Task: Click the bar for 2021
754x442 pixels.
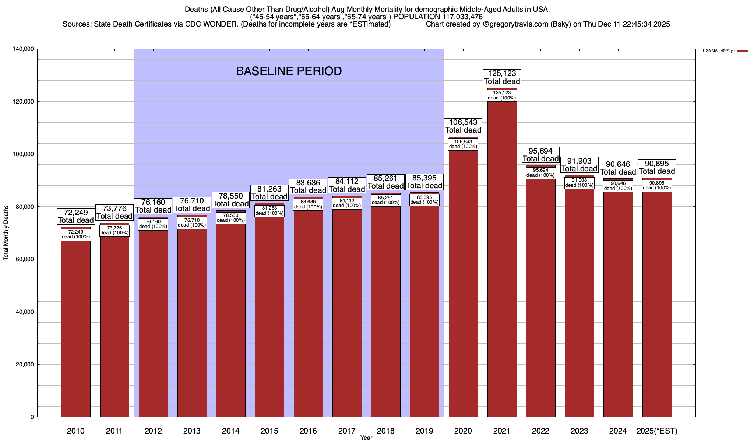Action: pyautogui.click(x=502, y=258)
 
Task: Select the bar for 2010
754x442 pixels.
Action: pyautogui.click(x=76, y=328)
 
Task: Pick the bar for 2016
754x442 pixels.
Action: pyautogui.click(x=308, y=313)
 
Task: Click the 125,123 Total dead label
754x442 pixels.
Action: pyautogui.click(x=502, y=77)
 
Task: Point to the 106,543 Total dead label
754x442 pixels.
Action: pyautogui.click(x=463, y=126)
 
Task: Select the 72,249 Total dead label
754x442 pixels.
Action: pyautogui.click(x=76, y=217)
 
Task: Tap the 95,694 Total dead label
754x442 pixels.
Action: pyautogui.click(x=540, y=155)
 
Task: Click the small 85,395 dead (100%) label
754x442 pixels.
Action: pyautogui.click(x=424, y=200)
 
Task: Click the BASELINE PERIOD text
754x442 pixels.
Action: pyautogui.click(x=289, y=71)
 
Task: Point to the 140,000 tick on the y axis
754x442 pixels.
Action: pyautogui.click(x=23, y=49)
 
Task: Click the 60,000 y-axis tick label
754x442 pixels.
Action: pyautogui.click(x=25, y=259)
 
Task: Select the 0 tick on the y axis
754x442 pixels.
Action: pyautogui.click(x=32, y=417)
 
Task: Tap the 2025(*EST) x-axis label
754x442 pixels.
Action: pyautogui.click(x=657, y=431)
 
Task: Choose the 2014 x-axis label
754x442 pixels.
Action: pyautogui.click(x=230, y=431)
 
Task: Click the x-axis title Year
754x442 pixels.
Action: pyautogui.click(x=366, y=438)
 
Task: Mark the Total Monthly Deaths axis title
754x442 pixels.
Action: pyautogui.click(x=6, y=238)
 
